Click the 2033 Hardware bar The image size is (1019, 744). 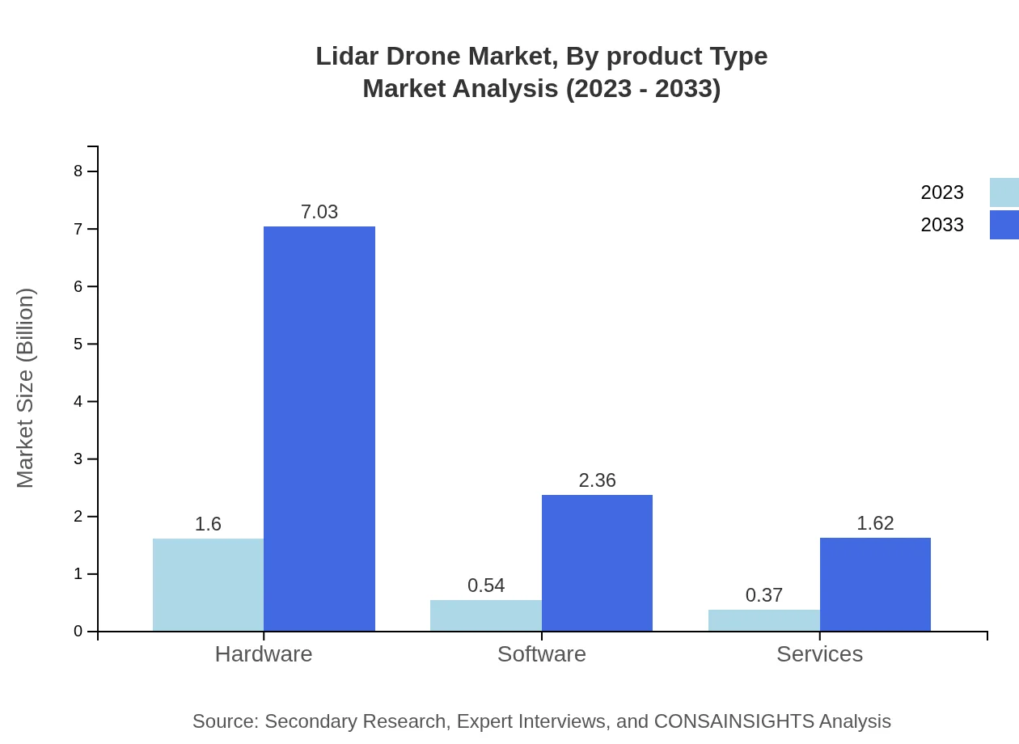pos(319,429)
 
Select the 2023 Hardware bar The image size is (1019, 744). pos(208,585)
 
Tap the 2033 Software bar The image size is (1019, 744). pos(597,563)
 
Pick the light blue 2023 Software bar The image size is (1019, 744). pos(486,615)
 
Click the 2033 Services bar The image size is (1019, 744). pos(875,584)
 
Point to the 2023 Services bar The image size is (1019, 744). pos(763,620)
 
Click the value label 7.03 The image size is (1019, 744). pos(319,212)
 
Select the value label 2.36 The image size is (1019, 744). pos(597,480)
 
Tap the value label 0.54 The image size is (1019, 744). pos(486,585)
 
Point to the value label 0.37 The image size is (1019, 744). pos(763,595)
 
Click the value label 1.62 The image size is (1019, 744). pos(875,523)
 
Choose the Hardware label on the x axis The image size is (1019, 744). pos(264,653)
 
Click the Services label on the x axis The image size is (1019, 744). pos(819,653)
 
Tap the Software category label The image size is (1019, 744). pos(542,653)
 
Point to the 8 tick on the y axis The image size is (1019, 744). pos(78,171)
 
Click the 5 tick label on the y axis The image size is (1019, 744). pos(78,344)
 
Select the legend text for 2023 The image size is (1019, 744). pos(942,192)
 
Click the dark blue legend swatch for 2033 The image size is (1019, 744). pos(1004,225)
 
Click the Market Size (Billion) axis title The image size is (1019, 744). pos(25,388)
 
